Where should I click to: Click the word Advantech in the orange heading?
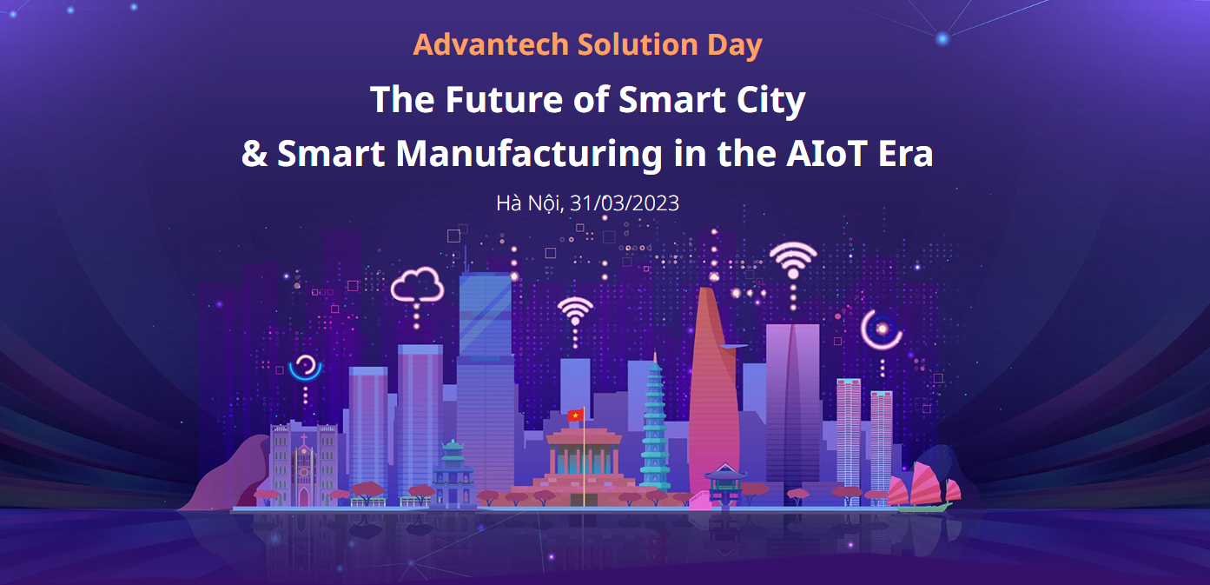(x=491, y=44)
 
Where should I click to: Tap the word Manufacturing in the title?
(x=529, y=154)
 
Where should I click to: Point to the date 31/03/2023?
(x=625, y=203)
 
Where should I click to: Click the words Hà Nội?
(x=530, y=203)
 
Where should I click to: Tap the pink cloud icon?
(x=417, y=285)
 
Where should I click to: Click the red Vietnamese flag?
(x=575, y=415)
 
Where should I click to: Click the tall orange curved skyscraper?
(x=713, y=395)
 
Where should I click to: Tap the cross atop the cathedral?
(x=304, y=439)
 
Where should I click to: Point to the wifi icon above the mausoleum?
(x=575, y=311)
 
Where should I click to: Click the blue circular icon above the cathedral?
(x=305, y=368)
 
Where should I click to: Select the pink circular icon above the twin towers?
(x=882, y=329)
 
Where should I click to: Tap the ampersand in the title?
(x=255, y=154)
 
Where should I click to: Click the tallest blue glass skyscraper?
(x=485, y=378)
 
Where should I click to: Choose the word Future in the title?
(x=504, y=100)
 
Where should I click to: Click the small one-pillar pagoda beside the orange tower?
(x=725, y=484)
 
